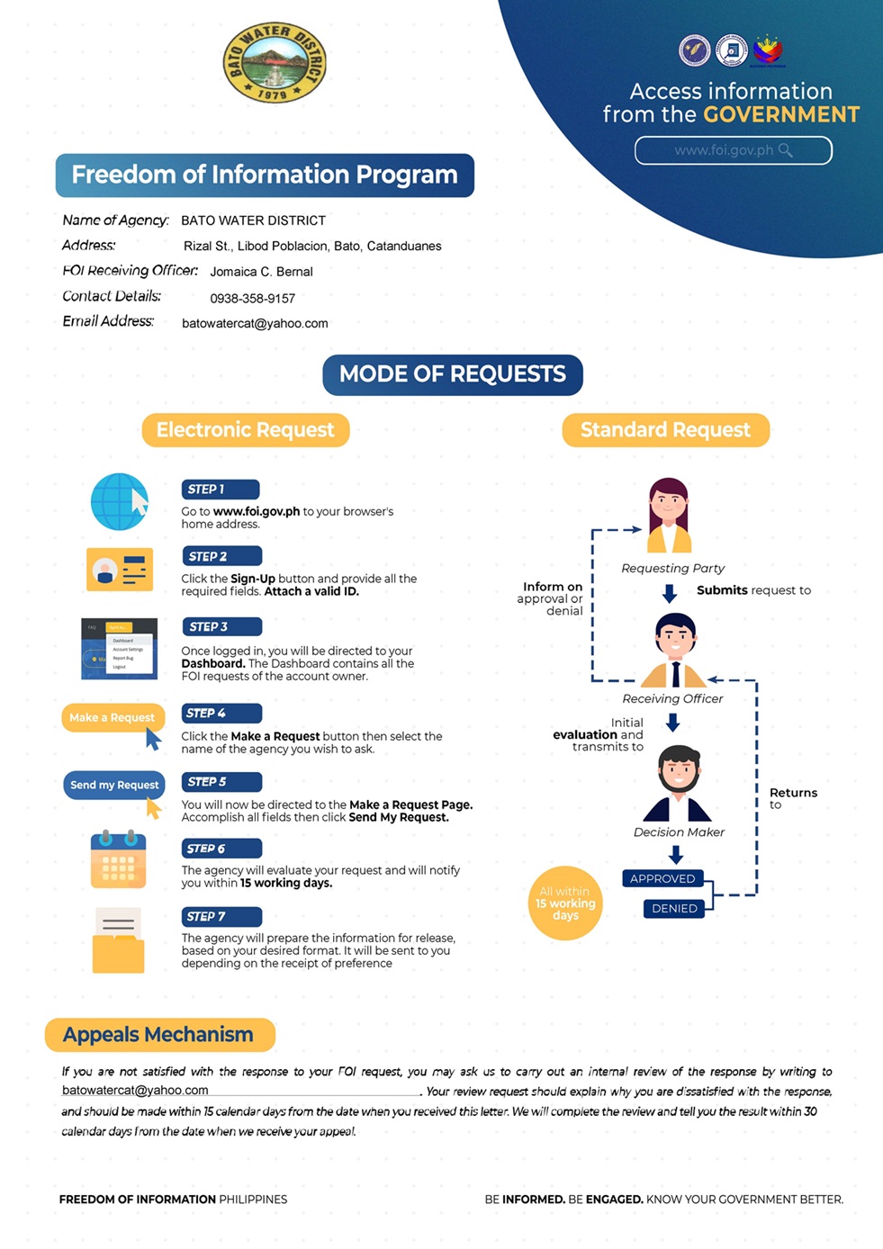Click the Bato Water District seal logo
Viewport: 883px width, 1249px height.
275,63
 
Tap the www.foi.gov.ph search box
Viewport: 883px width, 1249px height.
733,150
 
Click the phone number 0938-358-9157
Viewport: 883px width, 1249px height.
253,299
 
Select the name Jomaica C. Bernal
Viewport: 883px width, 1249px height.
261,272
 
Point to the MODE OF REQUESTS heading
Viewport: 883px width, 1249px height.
453,374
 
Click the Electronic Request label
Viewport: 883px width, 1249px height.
246,430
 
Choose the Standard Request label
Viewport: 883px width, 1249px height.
665,430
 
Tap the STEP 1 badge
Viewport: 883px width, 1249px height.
221,490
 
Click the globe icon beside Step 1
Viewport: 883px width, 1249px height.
120,501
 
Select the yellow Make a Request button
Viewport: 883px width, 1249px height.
113,717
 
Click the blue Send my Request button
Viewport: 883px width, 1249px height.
114,785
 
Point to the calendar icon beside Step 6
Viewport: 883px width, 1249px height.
118,858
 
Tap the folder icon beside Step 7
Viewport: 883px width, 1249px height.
118,940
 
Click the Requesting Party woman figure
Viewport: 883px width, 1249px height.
669,515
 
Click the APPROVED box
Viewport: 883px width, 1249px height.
662,879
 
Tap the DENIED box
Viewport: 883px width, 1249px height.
674,908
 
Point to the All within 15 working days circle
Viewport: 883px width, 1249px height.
565,903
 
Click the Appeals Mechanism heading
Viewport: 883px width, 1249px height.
159,1034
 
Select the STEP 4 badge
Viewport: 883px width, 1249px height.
221,714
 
